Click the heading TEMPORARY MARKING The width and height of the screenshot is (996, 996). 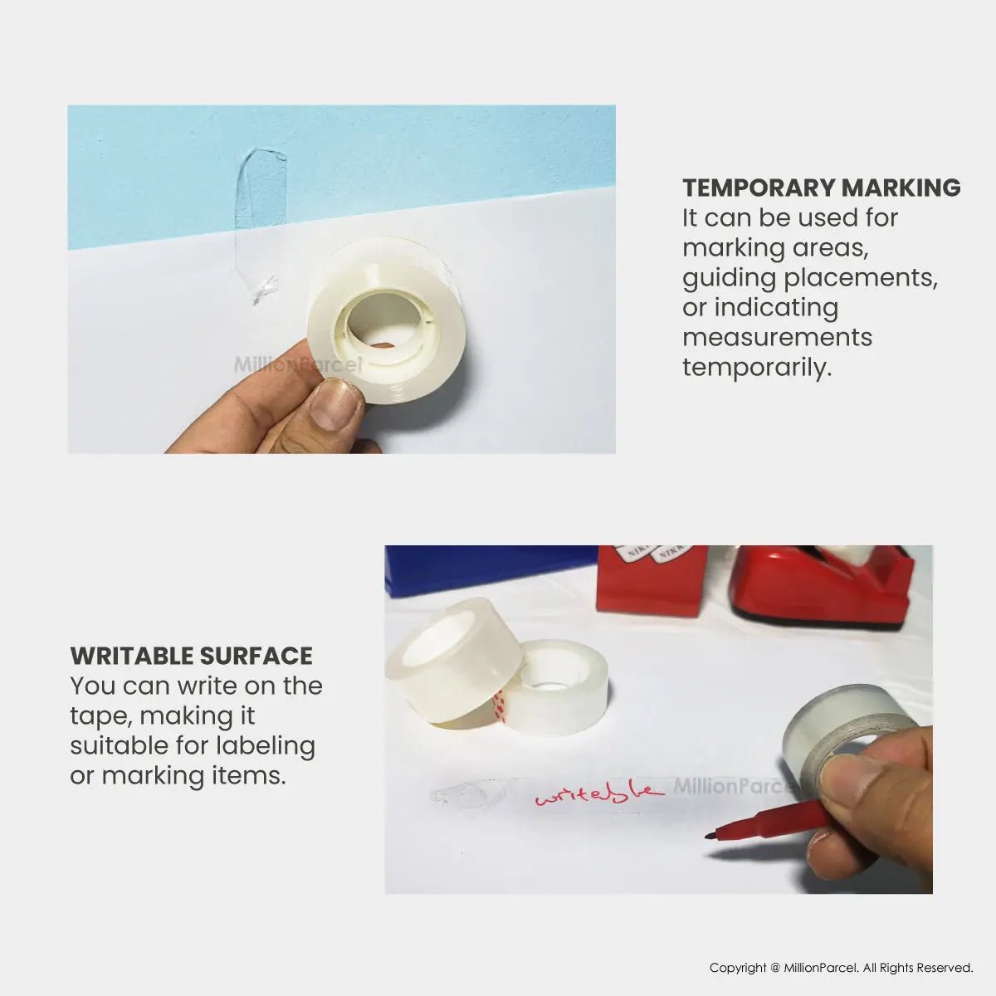(821, 188)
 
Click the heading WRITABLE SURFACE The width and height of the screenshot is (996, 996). (191, 656)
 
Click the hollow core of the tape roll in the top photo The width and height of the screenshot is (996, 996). (384, 320)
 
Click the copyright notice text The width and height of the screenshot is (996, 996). (841, 968)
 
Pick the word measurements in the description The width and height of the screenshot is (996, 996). (777, 337)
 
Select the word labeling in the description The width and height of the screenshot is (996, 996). (266, 745)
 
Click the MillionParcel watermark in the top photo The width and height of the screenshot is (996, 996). (297, 364)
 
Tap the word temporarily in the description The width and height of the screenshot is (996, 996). (756, 367)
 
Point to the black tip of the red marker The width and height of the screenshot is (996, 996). (710, 835)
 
